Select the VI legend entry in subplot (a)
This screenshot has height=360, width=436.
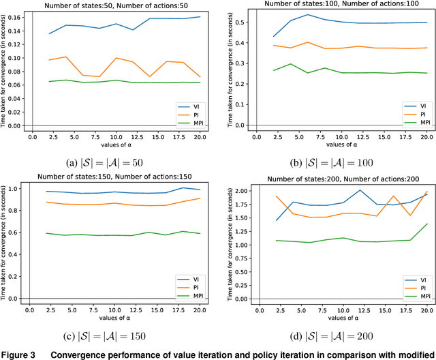coord(192,106)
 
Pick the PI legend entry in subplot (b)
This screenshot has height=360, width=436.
coord(416,115)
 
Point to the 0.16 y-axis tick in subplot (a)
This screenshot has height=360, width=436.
coord(20,17)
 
